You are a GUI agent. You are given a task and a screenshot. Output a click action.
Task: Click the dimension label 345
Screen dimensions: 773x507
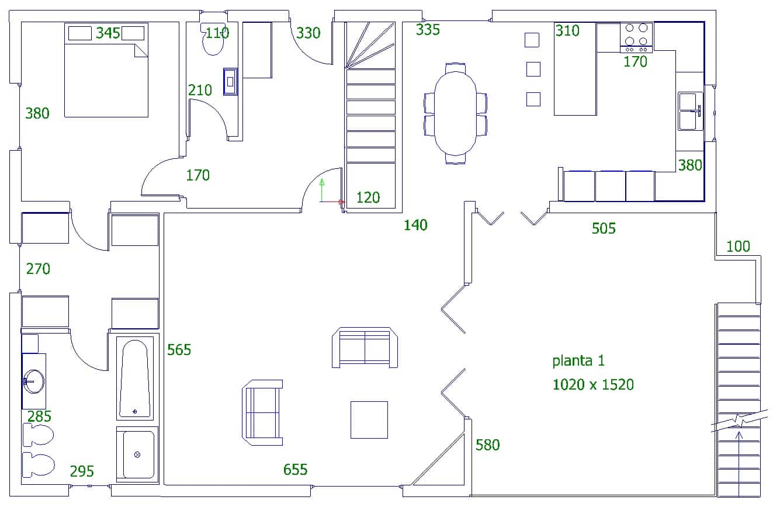coord(108,33)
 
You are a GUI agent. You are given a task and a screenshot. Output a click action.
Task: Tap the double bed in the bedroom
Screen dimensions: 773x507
coord(106,70)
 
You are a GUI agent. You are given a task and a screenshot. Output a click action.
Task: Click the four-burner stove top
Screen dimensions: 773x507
coord(636,37)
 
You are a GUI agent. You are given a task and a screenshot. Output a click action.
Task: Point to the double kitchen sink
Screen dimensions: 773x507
coord(690,111)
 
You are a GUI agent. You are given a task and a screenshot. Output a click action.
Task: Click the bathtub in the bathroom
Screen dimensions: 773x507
coord(135,378)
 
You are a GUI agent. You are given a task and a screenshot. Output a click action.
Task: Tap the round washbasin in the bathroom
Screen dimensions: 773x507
coord(34,381)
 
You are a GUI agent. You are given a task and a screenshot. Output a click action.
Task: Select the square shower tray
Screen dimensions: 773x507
coord(137,454)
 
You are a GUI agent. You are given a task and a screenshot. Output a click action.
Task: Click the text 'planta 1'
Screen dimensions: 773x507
coord(578,361)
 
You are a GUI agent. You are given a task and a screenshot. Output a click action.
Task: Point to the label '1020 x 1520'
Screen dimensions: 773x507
coord(593,384)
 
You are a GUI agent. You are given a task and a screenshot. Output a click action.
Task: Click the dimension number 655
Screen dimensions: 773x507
coord(295,470)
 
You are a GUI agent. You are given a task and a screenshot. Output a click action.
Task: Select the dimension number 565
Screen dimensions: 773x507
coord(179,350)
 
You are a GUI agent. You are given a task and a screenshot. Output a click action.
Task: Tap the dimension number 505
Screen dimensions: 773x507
coord(604,228)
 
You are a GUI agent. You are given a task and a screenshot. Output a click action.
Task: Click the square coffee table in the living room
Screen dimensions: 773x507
coord(369,420)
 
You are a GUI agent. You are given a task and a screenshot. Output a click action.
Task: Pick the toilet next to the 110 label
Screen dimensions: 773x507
coord(213,39)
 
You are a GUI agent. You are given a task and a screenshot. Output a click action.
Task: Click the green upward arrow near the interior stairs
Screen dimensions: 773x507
coord(322,190)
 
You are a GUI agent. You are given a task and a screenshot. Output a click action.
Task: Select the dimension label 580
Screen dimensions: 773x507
coord(488,445)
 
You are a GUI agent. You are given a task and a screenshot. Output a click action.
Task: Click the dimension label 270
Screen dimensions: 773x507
coord(38,269)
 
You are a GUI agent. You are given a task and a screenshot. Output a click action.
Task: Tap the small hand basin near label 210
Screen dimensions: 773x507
coord(230,82)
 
